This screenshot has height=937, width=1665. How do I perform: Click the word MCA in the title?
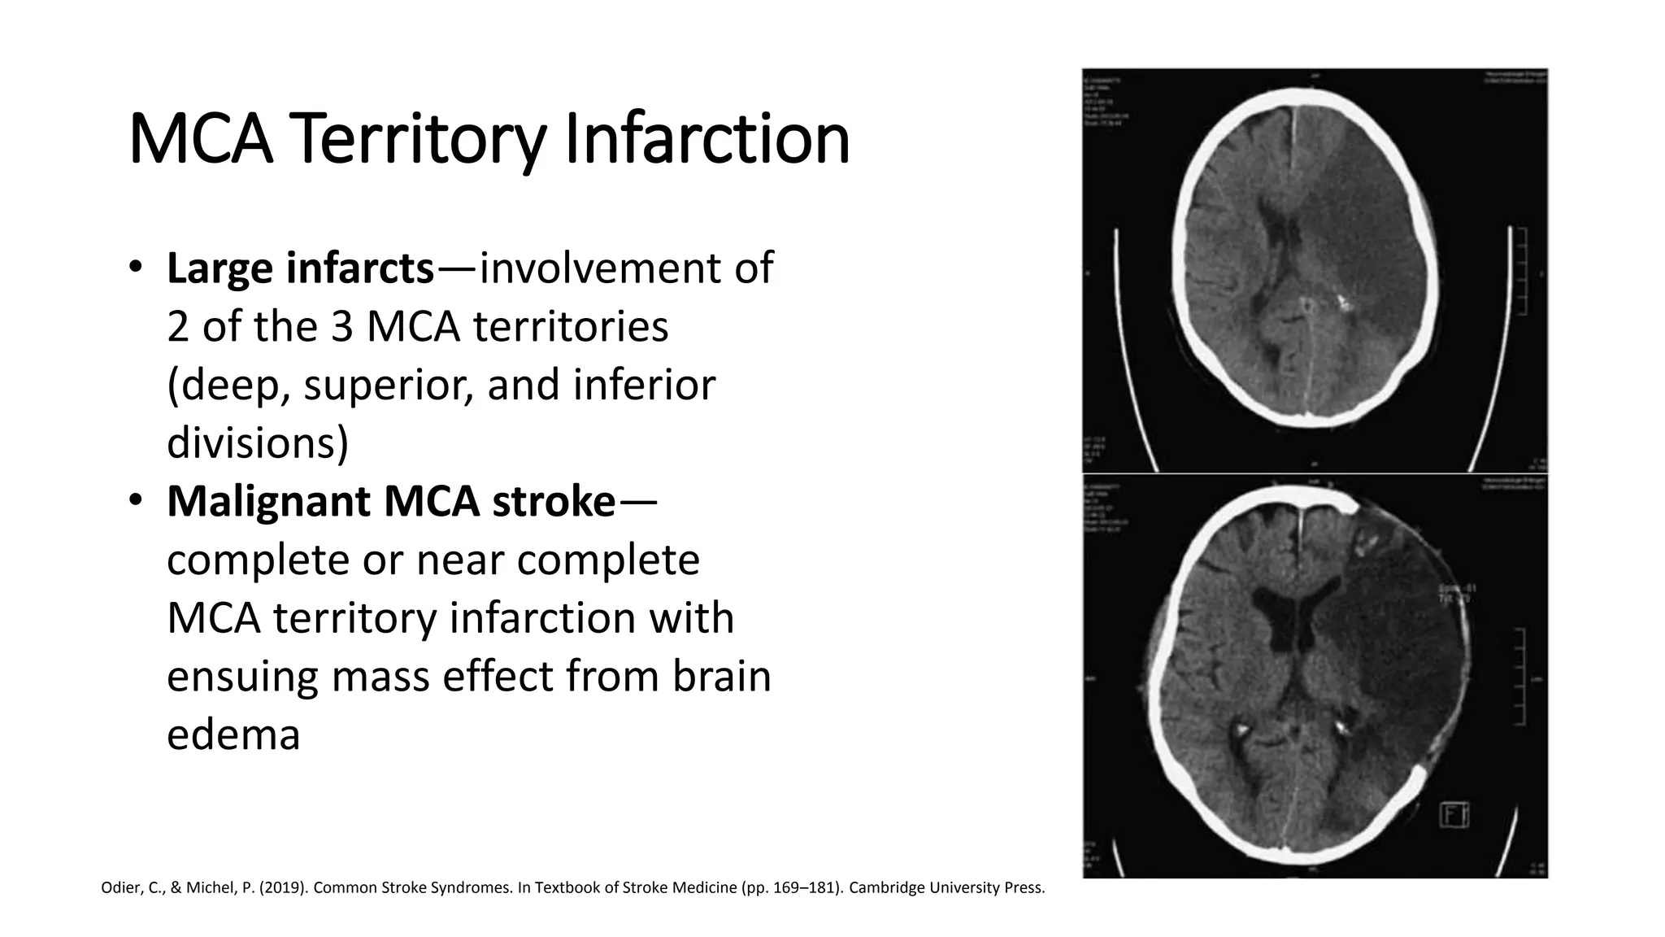(x=200, y=140)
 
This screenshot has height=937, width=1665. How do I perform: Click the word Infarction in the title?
(x=706, y=140)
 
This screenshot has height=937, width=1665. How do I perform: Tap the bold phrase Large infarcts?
(x=300, y=268)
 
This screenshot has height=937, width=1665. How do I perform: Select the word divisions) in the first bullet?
(x=258, y=443)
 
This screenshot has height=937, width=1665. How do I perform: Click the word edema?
(x=233, y=734)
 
